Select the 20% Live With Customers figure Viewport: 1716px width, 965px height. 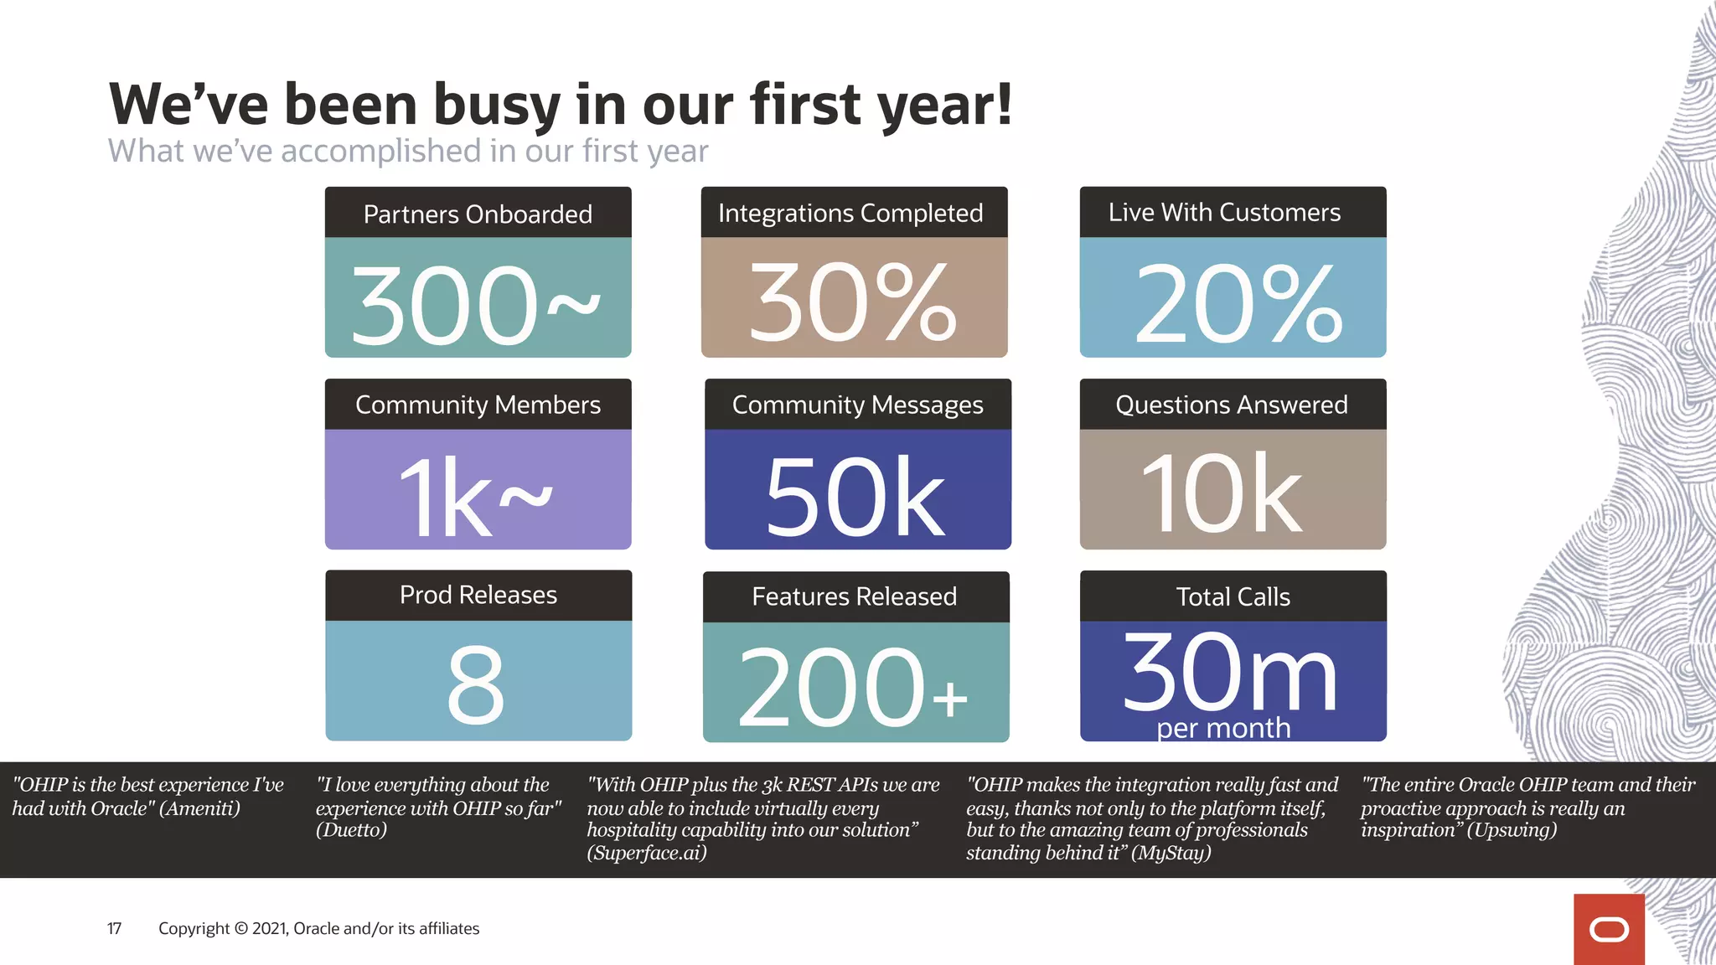point(1237,302)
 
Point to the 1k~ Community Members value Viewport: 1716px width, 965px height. point(474,496)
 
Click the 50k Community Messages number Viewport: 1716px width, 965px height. point(855,496)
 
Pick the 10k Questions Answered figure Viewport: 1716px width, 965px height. point(1222,494)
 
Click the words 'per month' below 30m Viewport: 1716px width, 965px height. point(1223,728)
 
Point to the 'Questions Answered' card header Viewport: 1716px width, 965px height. point(1232,405)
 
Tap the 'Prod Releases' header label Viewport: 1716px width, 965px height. point(478,595)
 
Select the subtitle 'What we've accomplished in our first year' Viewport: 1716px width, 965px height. point(408,152)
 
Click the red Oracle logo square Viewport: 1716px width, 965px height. point(1608,929)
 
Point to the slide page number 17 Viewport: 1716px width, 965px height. point(114,928)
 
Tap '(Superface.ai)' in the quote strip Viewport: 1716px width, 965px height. point(646,853)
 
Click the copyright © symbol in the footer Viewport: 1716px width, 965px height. point(241,928)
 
